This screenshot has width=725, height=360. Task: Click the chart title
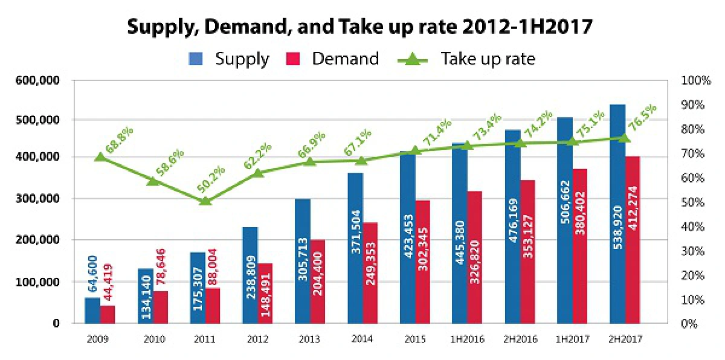coord(360,27)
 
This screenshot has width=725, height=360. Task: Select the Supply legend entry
coord(229,59)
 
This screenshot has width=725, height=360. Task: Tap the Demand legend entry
coord(333,59)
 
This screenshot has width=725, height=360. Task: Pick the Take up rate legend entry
coord(466,59)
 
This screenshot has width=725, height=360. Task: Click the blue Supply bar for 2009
coord(92,310)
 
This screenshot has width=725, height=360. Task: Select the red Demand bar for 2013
coord(318,281)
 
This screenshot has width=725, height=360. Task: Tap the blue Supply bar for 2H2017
coord(617,214)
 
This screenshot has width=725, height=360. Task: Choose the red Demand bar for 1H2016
coord(475,257)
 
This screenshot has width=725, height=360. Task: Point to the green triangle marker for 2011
coord(205,201)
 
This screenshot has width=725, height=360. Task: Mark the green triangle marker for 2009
coord(100,157)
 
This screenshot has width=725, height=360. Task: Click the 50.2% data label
coord(211,179)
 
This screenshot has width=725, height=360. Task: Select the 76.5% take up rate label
coord(642,117)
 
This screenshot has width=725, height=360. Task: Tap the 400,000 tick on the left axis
coord(37,157)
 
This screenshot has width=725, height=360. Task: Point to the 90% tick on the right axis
coord(692,104)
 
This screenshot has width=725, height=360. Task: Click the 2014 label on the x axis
coord(362,339)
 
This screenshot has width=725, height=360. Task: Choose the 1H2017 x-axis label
coord(572,339)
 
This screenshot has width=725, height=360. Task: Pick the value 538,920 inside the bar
coord(618,227)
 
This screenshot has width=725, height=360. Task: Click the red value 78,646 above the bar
coord(161,266)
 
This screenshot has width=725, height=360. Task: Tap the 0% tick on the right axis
coord(689,323)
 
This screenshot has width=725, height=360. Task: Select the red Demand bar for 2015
coord(423,262)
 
